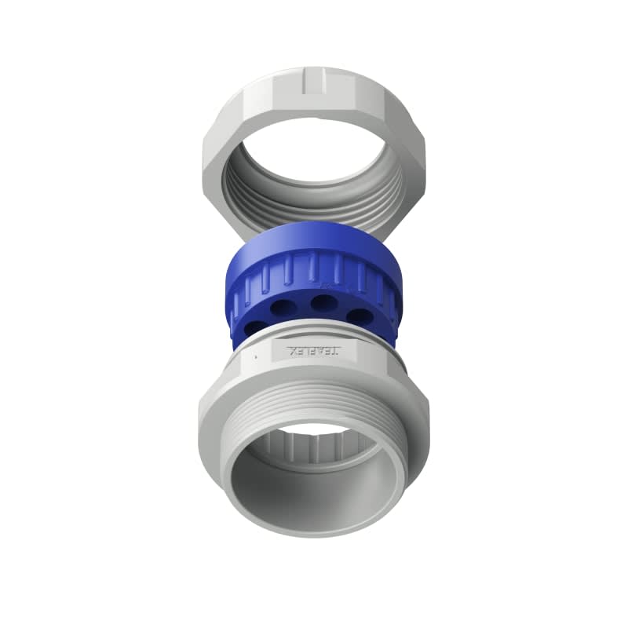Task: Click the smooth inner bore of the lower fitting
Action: click(x=314, y=502)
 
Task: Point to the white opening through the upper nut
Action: click(x=314, y=157)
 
